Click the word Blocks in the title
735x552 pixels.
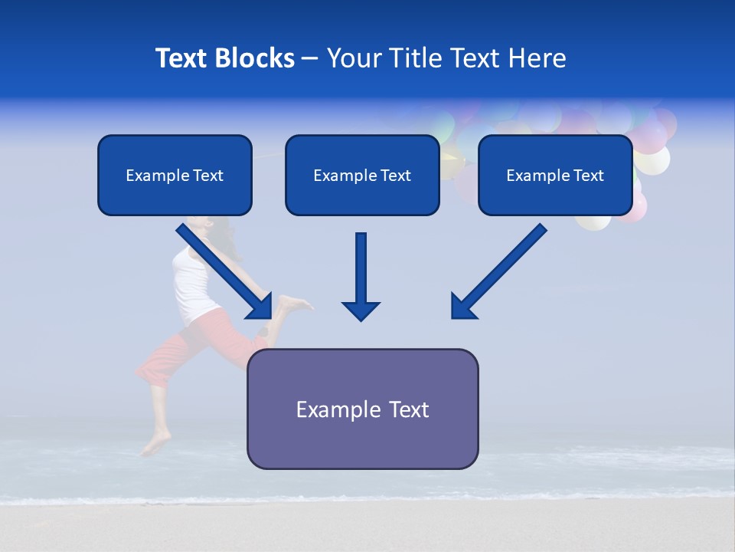point(256,58)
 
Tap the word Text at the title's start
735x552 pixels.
point(182,58)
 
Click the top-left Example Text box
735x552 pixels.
point(175,176)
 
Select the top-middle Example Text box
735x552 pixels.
point(362,176)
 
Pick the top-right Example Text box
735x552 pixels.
point(555,176)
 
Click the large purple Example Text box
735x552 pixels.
point(362,409)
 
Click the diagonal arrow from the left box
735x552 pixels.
point(222,268)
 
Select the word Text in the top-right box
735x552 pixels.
point(588,176)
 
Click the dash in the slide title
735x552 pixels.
point(310,58)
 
